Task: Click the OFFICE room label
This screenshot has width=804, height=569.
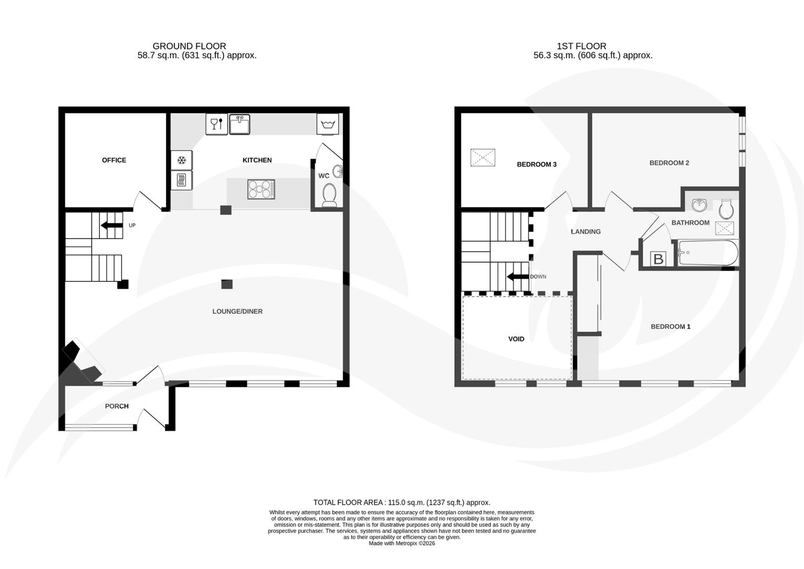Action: coord(114,160)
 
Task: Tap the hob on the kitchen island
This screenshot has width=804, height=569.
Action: coord(261,190)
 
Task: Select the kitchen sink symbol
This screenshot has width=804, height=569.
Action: coord(239,125)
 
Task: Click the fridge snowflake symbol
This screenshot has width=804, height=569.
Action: coord(182,160)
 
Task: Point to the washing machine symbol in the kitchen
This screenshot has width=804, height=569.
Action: coord(327,125)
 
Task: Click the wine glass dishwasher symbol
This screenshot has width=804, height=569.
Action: coord(216,124)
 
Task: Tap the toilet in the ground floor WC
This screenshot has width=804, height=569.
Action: coord(330,195)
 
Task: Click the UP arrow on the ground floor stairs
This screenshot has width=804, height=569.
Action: coord(111,225)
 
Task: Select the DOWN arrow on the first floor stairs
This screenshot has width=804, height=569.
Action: coord(518,277)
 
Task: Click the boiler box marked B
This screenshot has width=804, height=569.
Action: coord(658,259)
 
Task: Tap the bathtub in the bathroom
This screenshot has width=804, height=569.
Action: coord(708,253)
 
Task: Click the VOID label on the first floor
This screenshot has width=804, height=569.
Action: coord(516,339)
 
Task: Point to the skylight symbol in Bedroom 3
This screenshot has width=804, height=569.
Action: coord(483,158)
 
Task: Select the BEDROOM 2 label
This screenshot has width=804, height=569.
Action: coord(669,163)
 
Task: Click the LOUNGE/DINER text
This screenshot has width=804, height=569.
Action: coord(237,311)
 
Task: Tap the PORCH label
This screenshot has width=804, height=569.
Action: coord(117,406)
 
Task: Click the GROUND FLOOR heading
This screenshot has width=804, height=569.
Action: coord(189,46)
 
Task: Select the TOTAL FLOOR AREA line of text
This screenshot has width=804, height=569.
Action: coord(401,503)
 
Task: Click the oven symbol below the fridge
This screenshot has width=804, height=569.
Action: coord(182,180)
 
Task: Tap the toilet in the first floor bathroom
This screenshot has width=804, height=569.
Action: coord(726,209)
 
